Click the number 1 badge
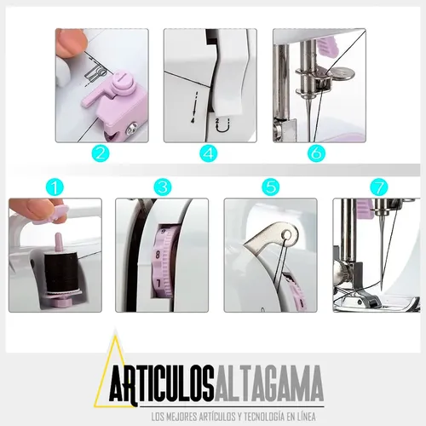(55, 186)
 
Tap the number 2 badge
(101, 154)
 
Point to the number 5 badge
(270, 186)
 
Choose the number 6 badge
(317, 154)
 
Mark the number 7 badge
(378, 186)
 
